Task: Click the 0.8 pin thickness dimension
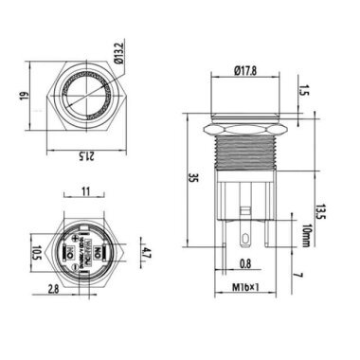click(x=244, y=265)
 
